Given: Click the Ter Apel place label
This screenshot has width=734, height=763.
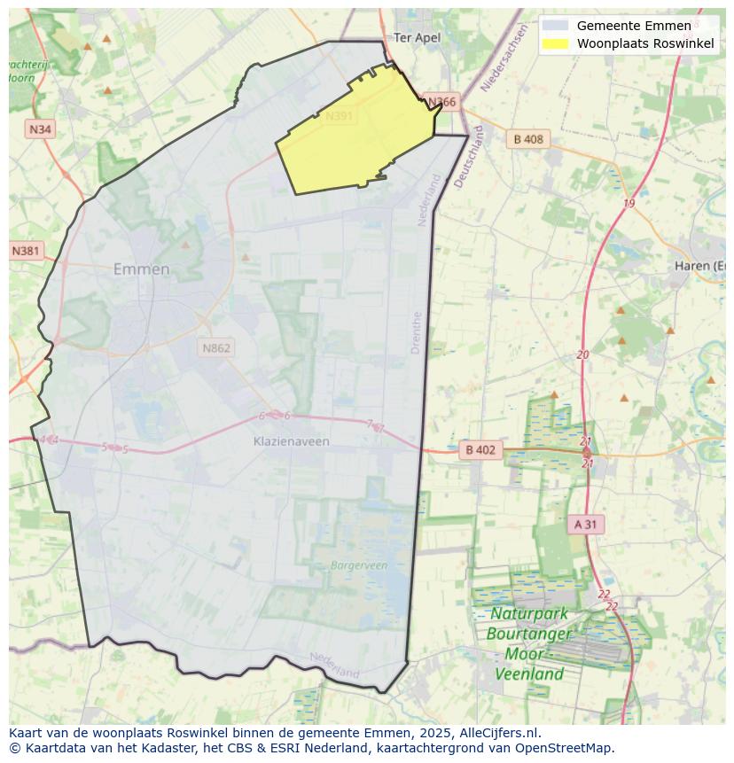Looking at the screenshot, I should coord(417,37).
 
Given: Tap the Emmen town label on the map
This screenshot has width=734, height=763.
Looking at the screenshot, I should coord(142,269).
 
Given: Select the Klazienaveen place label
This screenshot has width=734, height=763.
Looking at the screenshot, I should coord(291,441).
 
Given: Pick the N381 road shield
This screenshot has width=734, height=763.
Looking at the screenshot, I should coord(26,251).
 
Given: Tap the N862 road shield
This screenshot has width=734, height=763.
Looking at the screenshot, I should coord(216,347).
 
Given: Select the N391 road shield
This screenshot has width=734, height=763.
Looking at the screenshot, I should coord(339,116).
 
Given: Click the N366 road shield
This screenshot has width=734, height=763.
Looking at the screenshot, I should coord(441,102).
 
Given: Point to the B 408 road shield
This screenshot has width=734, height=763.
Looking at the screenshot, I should coord(528,139).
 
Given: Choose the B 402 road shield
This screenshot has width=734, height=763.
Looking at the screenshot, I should coord(480,450).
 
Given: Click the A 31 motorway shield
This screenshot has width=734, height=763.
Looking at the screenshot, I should coord(585,524).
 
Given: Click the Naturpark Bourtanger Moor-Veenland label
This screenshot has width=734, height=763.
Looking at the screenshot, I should coord(529,643).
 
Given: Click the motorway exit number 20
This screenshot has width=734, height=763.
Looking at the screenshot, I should coord(582,354).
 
